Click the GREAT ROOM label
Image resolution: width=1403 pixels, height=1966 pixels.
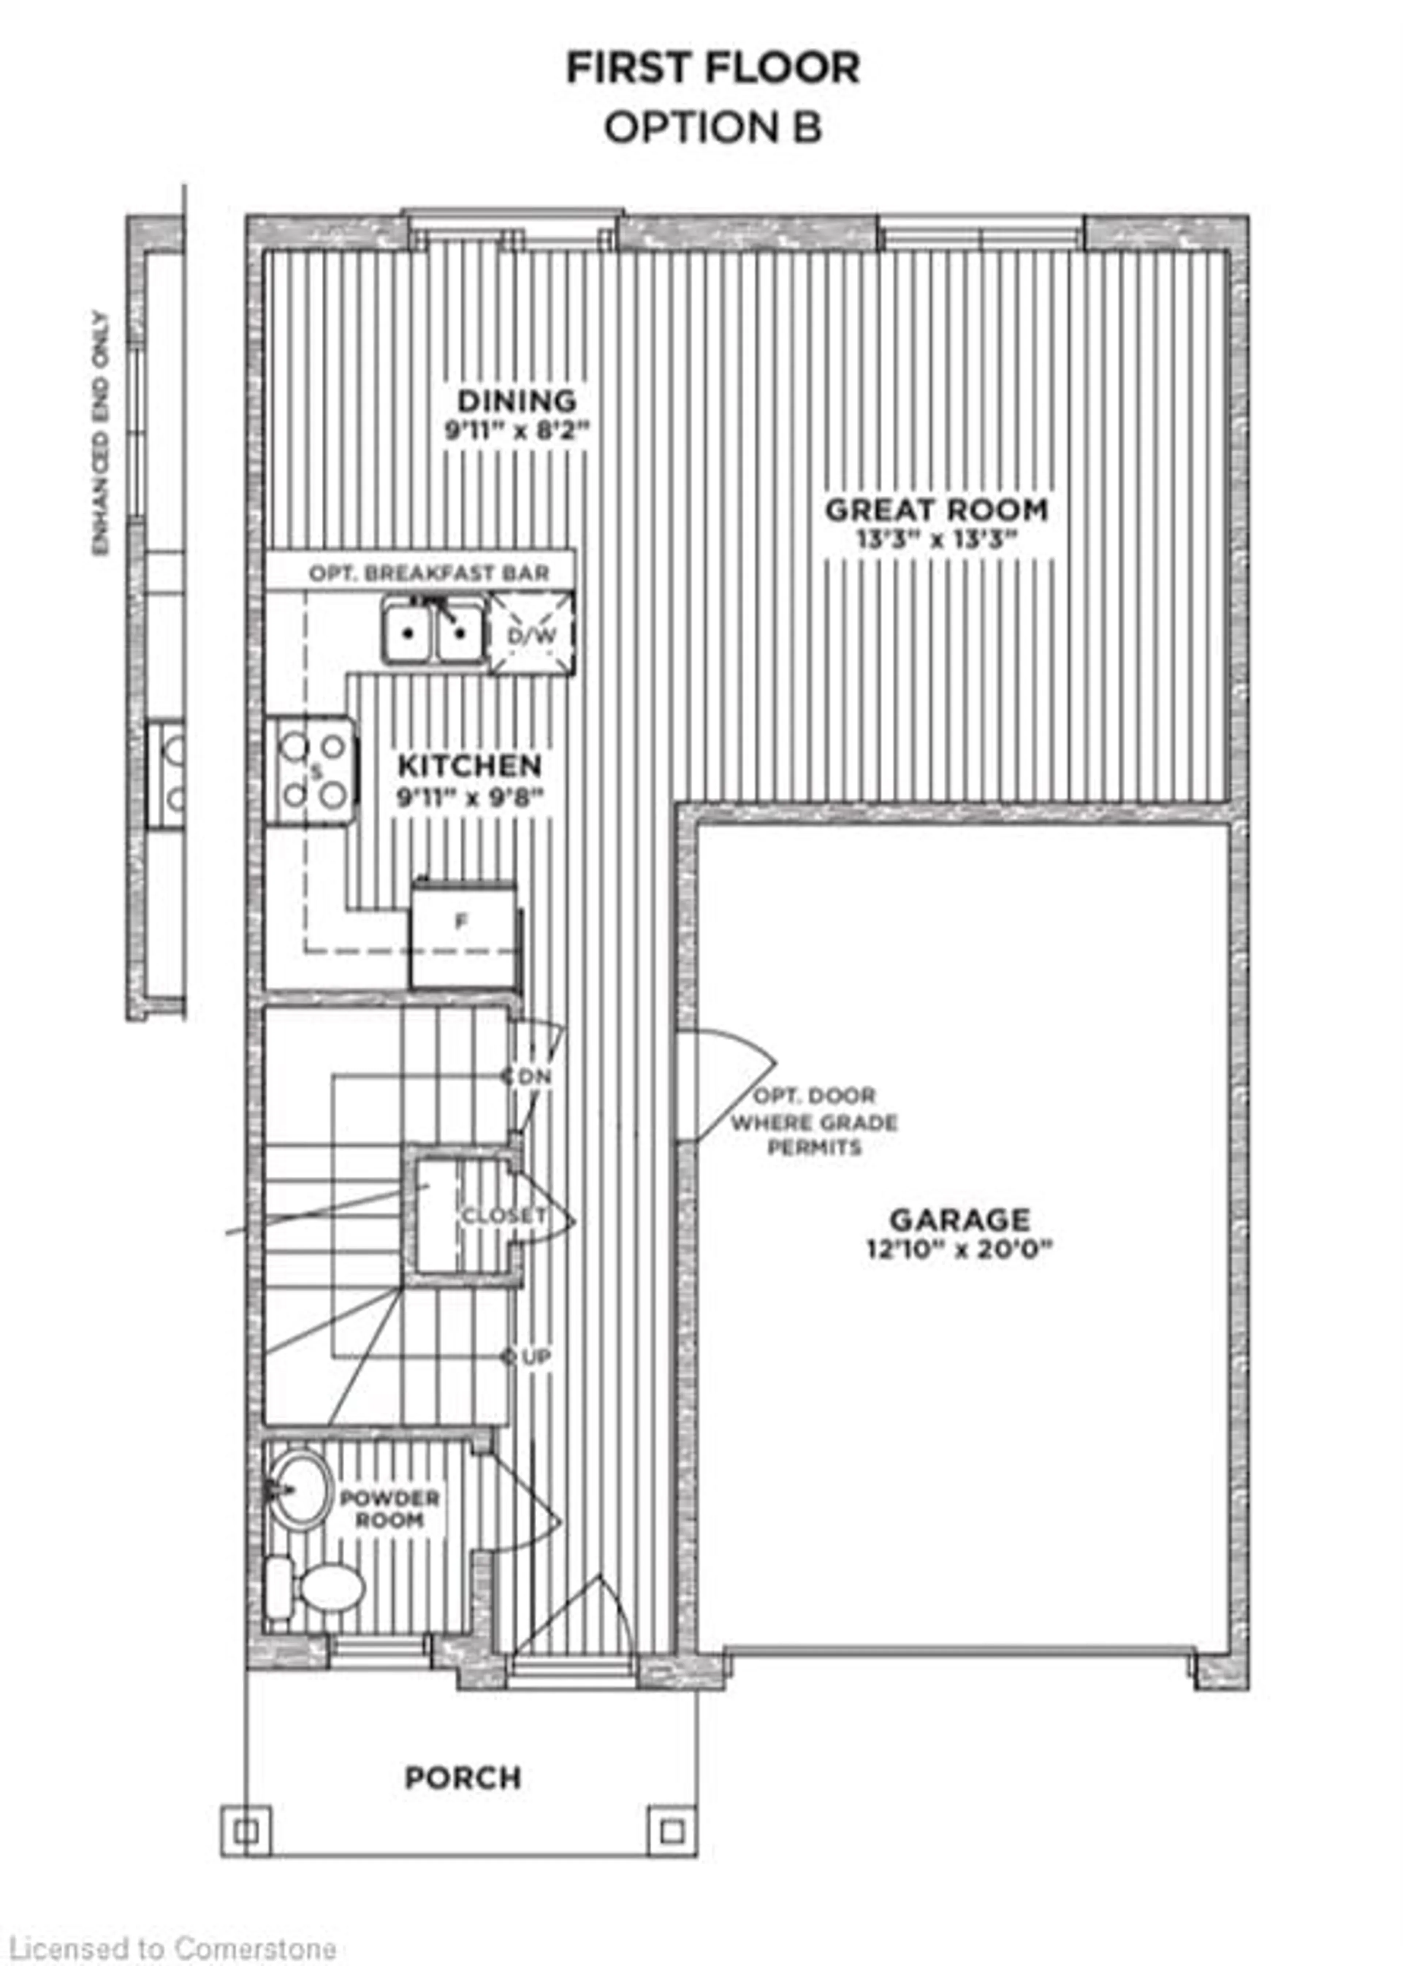tap(936, 510)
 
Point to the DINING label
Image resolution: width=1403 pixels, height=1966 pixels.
tap(517, 401)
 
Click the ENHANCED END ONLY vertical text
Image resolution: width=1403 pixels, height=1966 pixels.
tap(102, 434)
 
